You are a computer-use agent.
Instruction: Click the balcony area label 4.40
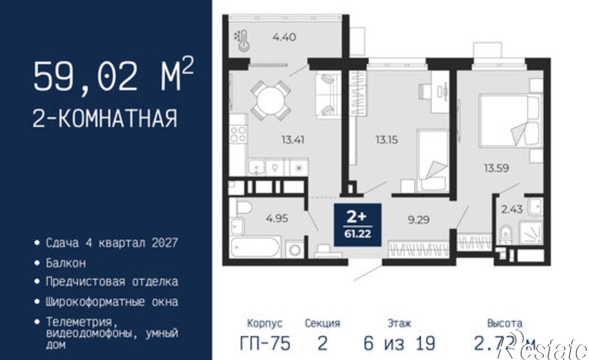point(284,38)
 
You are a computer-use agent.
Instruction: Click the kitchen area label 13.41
point(293,140)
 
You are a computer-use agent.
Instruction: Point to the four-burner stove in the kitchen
point(238,134)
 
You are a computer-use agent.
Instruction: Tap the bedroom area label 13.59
point(497,168)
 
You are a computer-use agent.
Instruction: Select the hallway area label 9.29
point(418,220)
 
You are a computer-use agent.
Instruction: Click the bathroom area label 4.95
point(277,219)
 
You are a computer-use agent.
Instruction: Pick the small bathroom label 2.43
point(512,209)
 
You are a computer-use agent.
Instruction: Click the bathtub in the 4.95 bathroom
point(255,248)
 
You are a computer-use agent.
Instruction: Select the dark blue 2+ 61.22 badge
point(358,225)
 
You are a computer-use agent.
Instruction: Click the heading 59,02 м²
point(113,77)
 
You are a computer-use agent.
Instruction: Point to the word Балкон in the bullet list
point(66,263)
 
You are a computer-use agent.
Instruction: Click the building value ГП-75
point(265,343)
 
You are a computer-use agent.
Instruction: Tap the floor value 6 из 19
point(399,343)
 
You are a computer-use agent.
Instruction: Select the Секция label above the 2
point(322,323)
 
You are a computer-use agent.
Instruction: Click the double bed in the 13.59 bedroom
point(509,121)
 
